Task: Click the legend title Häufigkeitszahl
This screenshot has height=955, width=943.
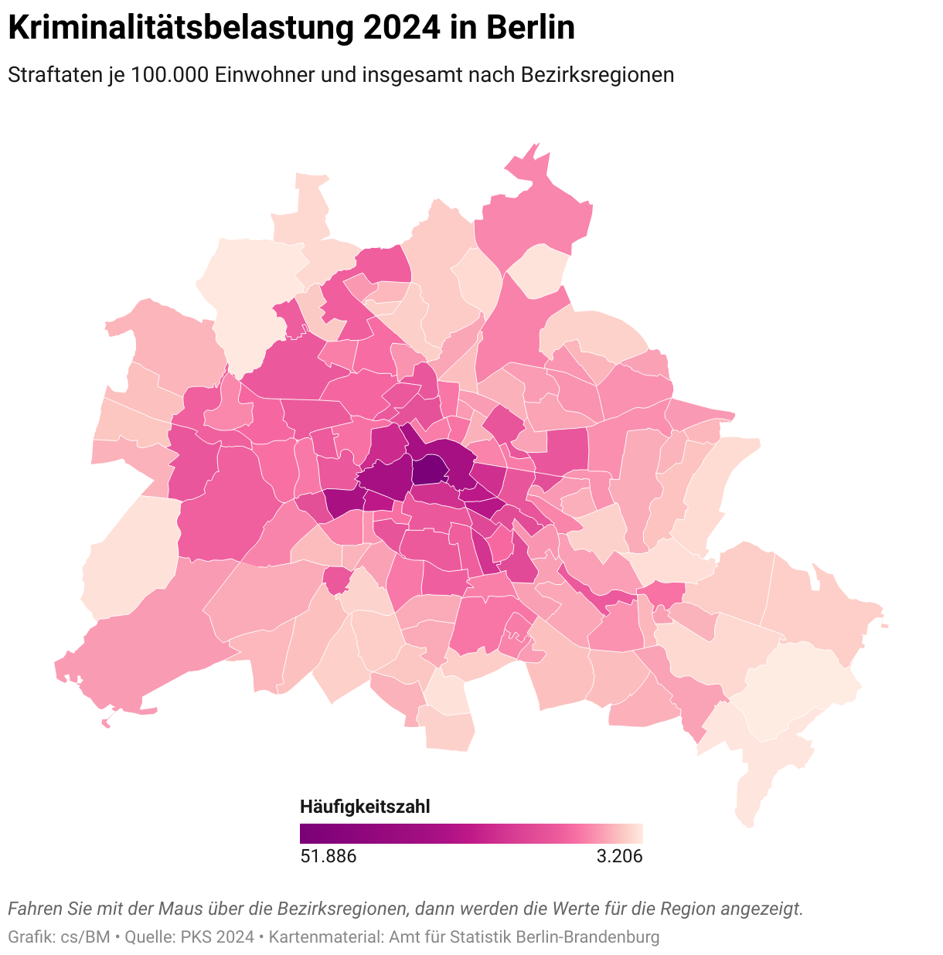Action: tap(364, 807)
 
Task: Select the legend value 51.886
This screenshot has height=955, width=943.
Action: tap(328, 856)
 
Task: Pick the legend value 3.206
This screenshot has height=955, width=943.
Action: tap(619, 856)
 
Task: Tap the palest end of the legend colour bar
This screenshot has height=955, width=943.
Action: tap(638, 834)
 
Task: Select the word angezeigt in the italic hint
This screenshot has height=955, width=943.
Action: tap(761, 909)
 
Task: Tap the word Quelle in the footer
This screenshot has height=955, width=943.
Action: tap(150, 937)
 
